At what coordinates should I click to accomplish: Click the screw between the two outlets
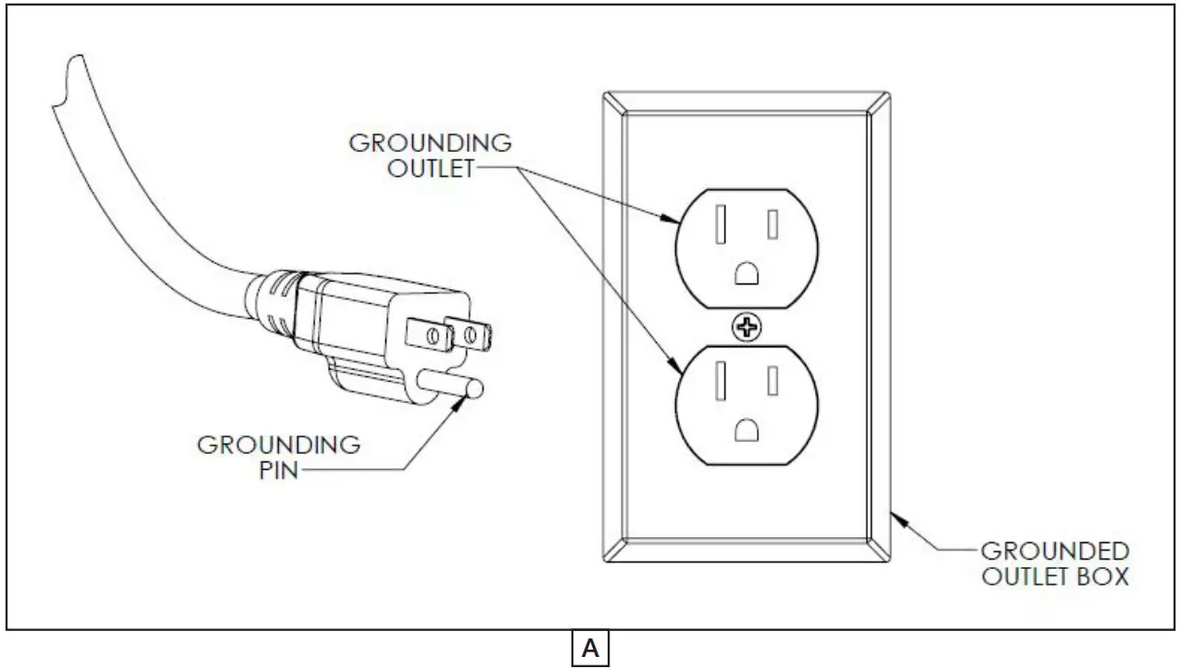[744, 327]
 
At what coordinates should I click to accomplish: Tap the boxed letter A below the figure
[590, 650]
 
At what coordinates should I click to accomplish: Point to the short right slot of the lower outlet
[772, 381]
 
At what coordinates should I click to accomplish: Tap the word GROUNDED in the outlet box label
[1054, 550]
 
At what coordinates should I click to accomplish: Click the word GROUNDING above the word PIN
[279, 444]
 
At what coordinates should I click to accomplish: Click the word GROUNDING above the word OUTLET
[430, 144]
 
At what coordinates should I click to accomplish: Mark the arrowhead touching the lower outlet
[673, 366]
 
